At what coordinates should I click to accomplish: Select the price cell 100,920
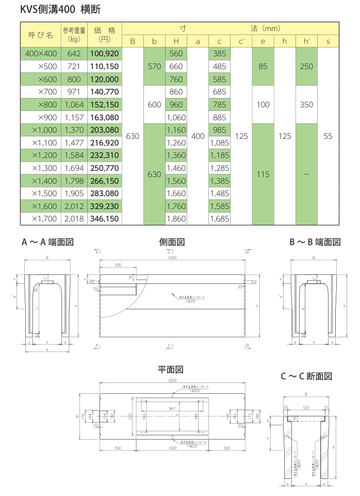pyautogui.click(x=105, y=53)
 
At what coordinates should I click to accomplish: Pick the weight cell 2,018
pyautogui.click(x=74, y=219)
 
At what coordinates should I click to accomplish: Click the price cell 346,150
pyautogui.click(x=105, y=219)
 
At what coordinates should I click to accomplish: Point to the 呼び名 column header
pyautogui.click(x=40, y=35)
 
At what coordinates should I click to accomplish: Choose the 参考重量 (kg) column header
pyautogui.click(x=74, y=35)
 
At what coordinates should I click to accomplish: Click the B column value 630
pyautogui.click(x=133, y=136)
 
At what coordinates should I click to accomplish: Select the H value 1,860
pyautogui.click(x=176, y=219)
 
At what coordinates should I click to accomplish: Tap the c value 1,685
pyautogui.click(x=219, y=219)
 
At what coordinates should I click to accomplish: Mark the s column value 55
pyautogui.click(x=328, y=136)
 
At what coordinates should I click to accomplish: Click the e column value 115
pyautogui.click(x=263, y=174)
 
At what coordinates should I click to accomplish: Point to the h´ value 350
pyautogui.click(x=306, y=104)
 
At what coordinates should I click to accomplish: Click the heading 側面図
pyautogui.click(x=172, y=242)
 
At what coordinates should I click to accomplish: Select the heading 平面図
pyautogui.click(x=171, y=370)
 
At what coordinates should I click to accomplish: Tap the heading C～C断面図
pyautogui.click(x=306, y=376)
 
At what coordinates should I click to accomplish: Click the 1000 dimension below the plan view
pyautogui.click(x=172, y=447)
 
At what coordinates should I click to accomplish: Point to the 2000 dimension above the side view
pyautogui.click(x=172, y=257)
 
